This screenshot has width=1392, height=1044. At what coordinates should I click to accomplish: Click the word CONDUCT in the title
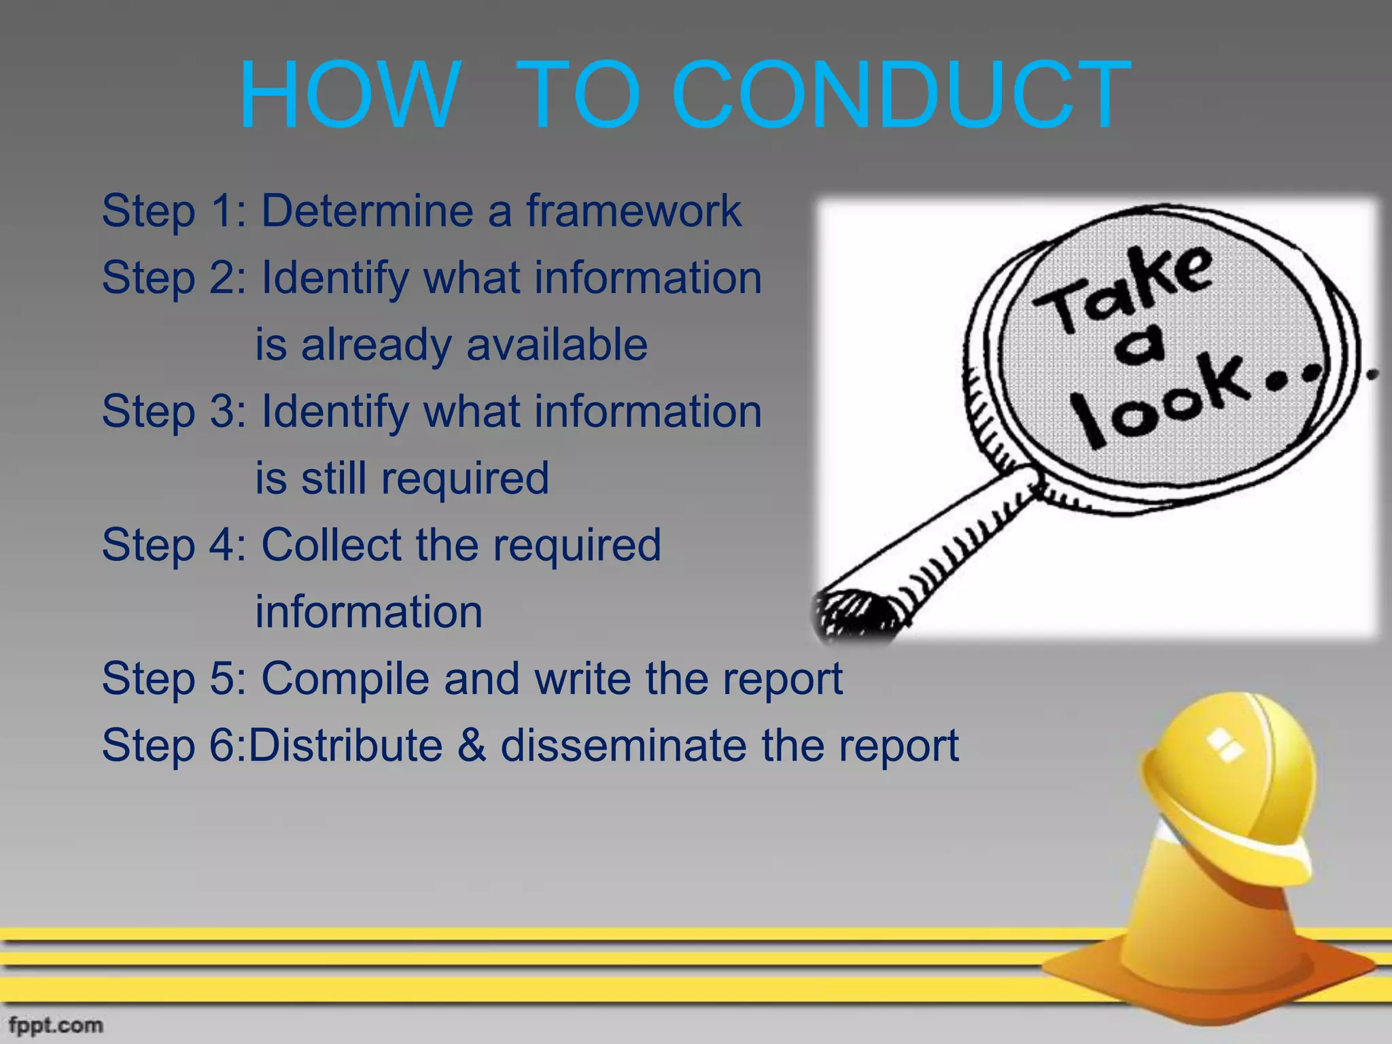pyautogui.click(x=901, y=95)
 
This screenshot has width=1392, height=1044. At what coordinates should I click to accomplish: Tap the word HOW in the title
pyautogui.click(x=350, y=95)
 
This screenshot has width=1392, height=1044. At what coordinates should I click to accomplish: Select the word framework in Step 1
pyautogui.click(x=633, y=211)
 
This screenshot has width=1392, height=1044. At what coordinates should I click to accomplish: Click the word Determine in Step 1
pyautogui.click(x=367, y=211)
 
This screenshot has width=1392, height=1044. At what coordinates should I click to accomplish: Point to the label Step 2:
pyautogui.click(x=173, y=279)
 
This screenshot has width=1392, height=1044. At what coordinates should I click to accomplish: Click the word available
pyautogui.click(x=557, y=345)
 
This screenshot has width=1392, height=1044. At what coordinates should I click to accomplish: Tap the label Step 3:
pyautogui.click(x=173, y=412)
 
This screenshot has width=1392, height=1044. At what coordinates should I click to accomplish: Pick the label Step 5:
pyautogui.click(x=173, y=679)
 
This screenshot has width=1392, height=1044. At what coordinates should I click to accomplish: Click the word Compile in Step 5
pyautogui.click(x=345, y=679)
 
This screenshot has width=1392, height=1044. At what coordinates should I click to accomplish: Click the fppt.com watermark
pyautogui.click(x=56, y=1025)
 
